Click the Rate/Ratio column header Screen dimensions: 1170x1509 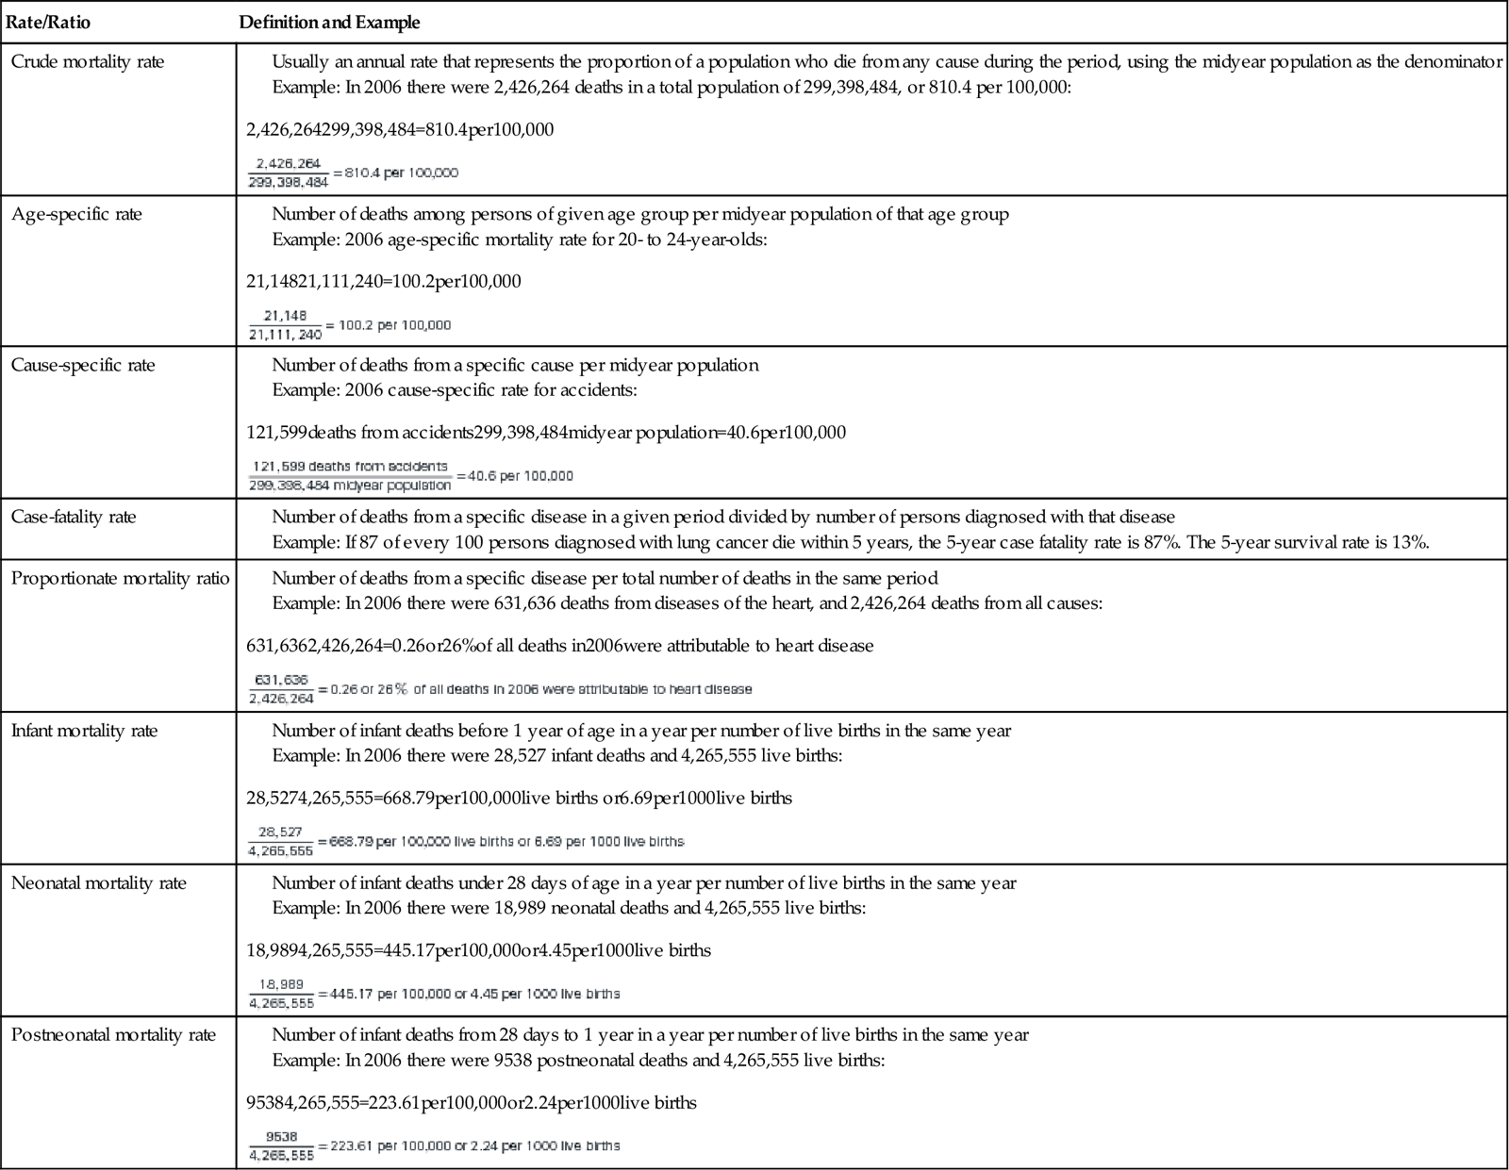(x=48, y=22)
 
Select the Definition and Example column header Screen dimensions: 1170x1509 (x=329, y=22)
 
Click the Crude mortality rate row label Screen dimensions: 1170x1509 (x=88, y=62)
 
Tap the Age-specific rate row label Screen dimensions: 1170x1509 (x=76, y=214)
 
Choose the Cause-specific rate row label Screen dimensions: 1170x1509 (x=83, y=365)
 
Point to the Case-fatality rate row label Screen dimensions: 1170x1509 (x=74, y=517)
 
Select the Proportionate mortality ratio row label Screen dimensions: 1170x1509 (x=120, y=578)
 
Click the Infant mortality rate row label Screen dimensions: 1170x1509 (x=84, y=731)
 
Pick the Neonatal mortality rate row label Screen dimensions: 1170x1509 (x=99, y=883)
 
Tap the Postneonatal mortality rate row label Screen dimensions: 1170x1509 (x=113, y=1035)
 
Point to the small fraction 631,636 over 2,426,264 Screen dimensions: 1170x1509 (x=281, y=689)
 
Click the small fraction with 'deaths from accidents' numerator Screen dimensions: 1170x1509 (x=350, y=476)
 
